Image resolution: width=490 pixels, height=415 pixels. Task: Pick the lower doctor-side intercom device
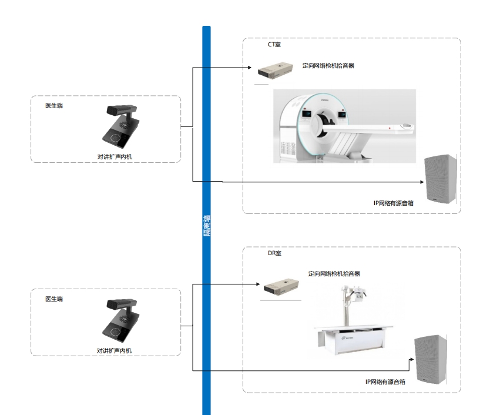121,321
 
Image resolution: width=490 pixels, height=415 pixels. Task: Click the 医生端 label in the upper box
54,106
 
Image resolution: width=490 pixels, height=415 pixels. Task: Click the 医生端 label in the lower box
54,299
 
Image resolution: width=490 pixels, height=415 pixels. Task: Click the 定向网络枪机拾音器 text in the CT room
328,66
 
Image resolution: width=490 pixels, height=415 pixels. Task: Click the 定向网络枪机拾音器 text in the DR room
334,273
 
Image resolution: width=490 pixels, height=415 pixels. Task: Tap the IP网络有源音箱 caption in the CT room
394,203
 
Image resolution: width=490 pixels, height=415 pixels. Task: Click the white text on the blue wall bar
206,224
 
